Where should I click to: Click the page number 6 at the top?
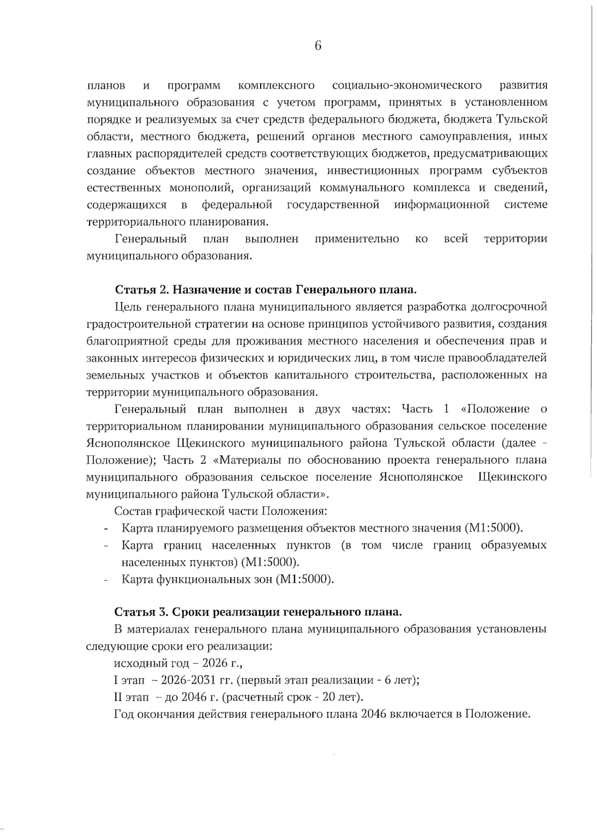tap(318, 46)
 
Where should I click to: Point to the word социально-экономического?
tap(406, 86)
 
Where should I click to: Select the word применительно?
tap(357, 239)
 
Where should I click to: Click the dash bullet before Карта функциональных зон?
tap(106, 580)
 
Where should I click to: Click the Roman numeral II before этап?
tap(118, 697)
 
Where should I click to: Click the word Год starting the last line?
tap(124, 715)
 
